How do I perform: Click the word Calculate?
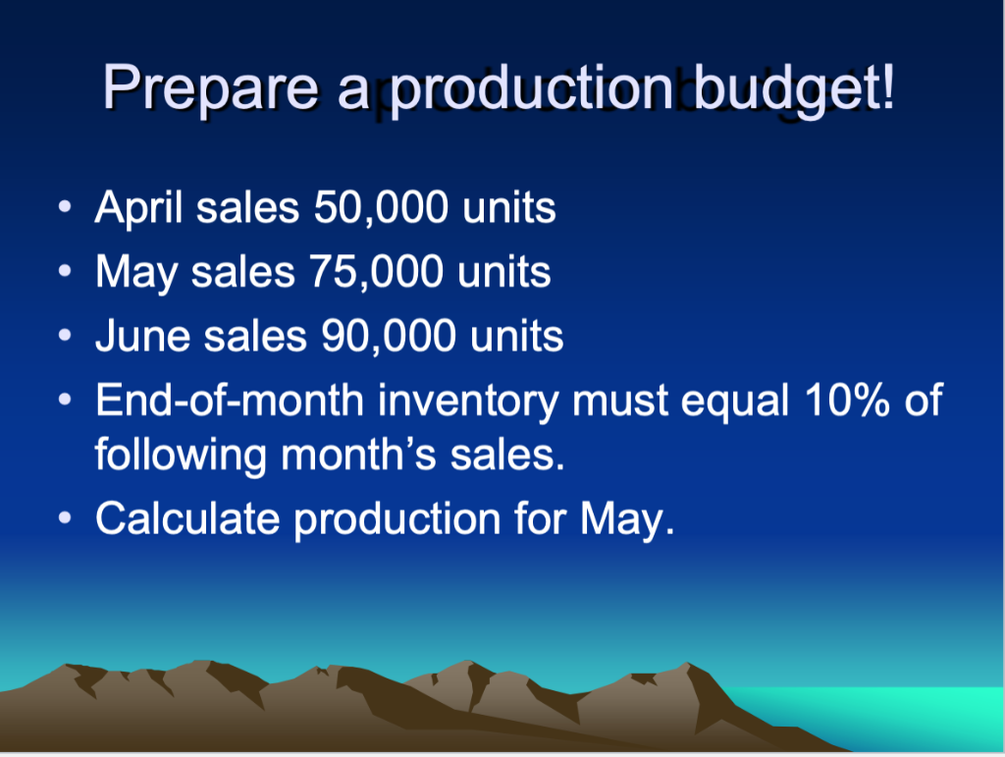(x=186, y=517)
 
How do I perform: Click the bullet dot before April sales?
(x=65, y=210)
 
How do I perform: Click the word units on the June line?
(x=516, y=337)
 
